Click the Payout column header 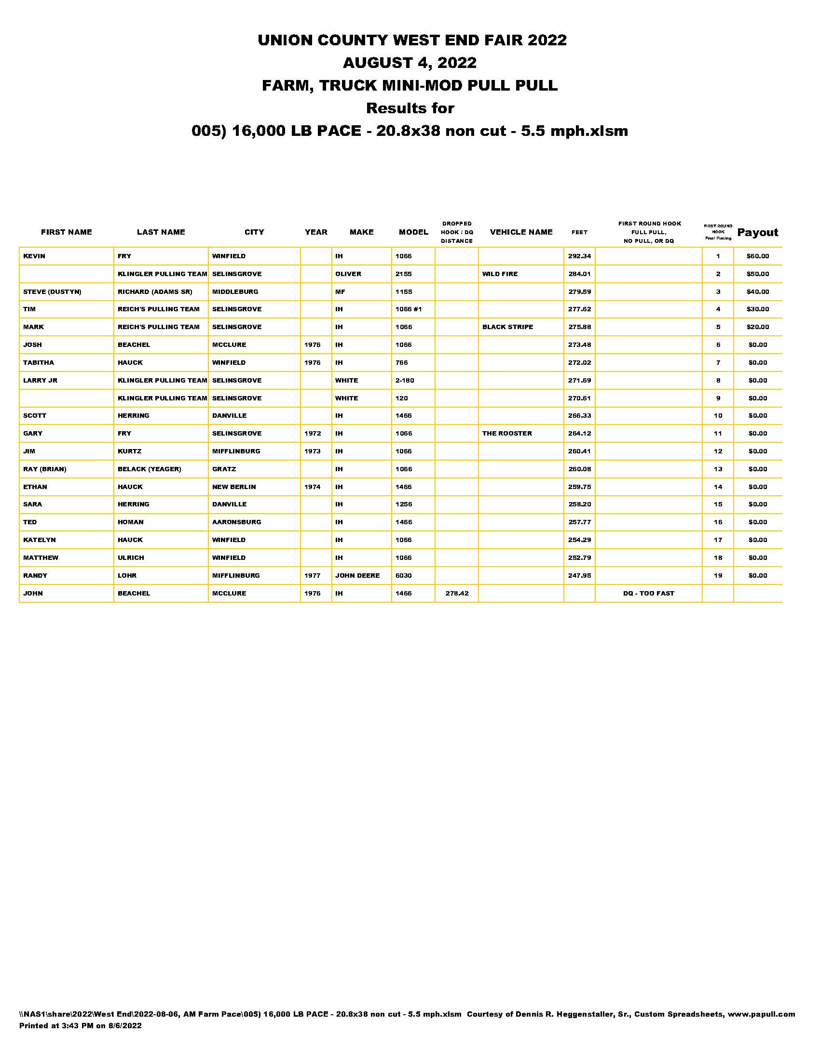[x=757, y=233]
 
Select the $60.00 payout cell [x=757, y=256]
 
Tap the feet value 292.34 [x=579, y=256]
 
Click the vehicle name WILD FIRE [x=500, y=274]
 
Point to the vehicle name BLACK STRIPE [x=507, y=327]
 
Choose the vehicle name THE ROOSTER [x=506, y=434]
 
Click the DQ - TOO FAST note [x=648, y=594]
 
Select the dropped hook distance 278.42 [x=457, y=594]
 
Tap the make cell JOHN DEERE [x=357, y=576]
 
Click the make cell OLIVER [x=348, y=274]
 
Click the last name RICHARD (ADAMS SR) [x=154, y=291]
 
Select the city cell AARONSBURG [x=236, y=522]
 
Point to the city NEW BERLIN [x=233, y=487]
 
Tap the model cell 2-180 [x=404, y=381]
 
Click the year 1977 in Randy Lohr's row [x=313, y=576]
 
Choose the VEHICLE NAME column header [x=521, y=232]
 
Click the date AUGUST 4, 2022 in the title [x=410, y=63]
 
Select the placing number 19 [x=718, y=576]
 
